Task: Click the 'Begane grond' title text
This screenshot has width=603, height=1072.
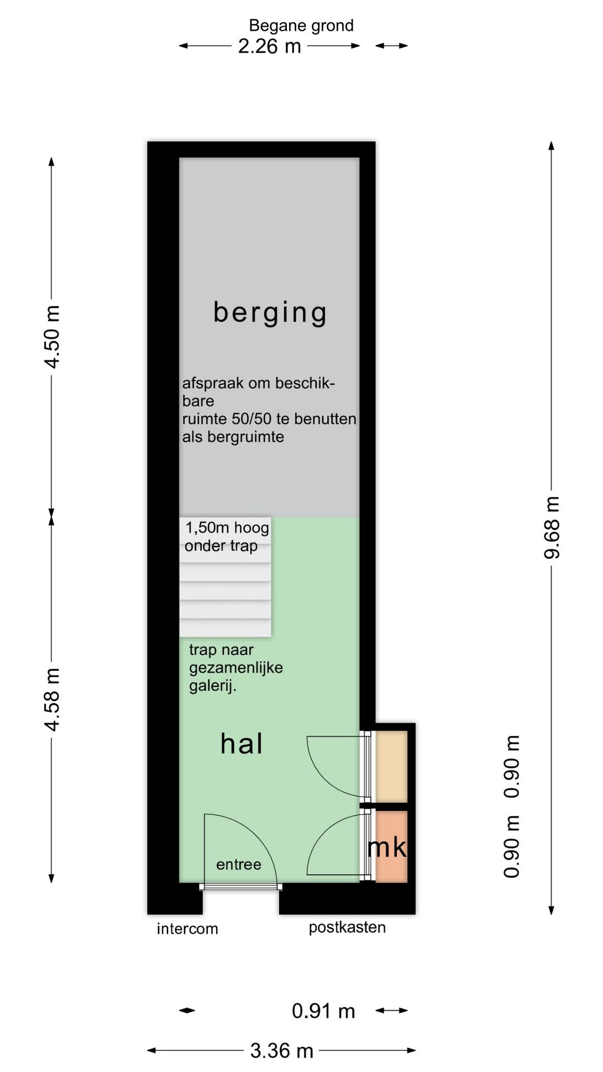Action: pos(301,26)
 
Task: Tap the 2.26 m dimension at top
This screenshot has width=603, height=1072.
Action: pos(269,46)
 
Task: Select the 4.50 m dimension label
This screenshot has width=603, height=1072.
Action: pos(52,337)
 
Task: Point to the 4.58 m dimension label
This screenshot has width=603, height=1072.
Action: pos(52,699)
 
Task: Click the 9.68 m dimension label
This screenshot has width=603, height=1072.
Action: pos(552,527)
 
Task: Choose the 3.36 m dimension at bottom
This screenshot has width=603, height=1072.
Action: pos(281,1051)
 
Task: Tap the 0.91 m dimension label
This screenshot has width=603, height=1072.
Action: pos(323,1011)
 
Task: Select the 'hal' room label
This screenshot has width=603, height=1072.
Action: pos(241,744)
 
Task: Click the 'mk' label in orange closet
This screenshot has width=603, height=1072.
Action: pos(387,847)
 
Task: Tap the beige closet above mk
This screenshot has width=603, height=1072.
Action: pos(391,766)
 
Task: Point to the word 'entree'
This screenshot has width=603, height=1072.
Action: pos(238,864)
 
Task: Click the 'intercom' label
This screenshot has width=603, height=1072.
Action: pos(187,929)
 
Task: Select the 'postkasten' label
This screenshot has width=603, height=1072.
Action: pos(347,927)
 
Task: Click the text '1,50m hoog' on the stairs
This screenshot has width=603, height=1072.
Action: pos(227,528)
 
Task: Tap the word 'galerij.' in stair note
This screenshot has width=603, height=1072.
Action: pos(212,686)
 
